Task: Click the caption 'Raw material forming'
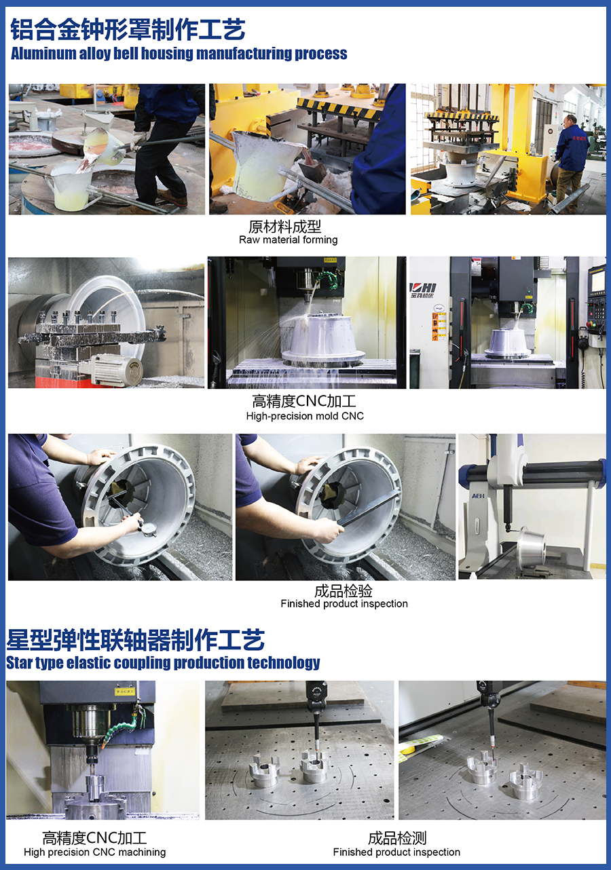[x=289, y=240]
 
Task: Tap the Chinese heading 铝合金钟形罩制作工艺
[x=128, y=29]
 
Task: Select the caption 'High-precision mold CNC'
[x=305, y=416]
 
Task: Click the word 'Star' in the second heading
[x=19, y=662]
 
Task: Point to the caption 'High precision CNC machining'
[x=95, y=852]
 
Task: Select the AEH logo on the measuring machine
[x=478, y=495]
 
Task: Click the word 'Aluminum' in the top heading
[x=43, y=54]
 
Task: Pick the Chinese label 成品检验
[x=343, y=591]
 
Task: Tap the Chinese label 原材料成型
[x=284, y=227]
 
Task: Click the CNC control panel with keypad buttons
[x=597, y=305]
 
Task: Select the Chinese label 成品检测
[x=397, y=838]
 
